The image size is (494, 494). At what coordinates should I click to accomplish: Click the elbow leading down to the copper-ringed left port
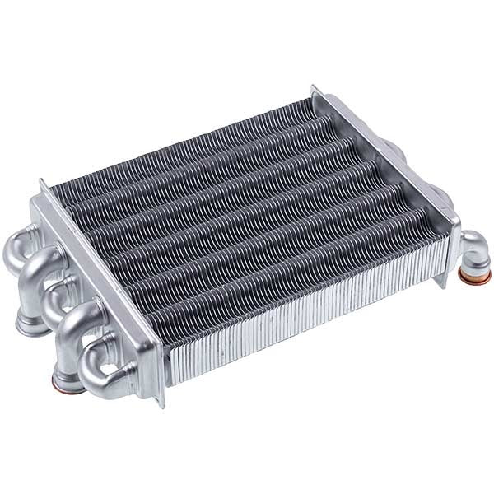click(x=78, y=329)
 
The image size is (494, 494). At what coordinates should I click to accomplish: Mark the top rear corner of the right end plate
click(x=314, y=87)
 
